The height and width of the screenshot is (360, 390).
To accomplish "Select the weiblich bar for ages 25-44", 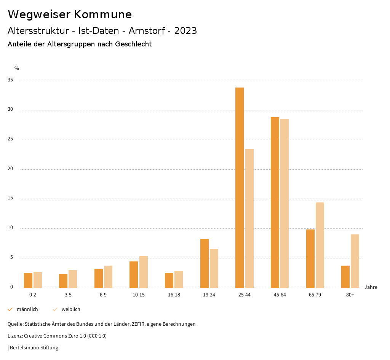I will coord(249,218).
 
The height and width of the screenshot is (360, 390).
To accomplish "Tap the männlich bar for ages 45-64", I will coord(275,202).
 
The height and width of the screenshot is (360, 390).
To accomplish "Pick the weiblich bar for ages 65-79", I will coord(320,245).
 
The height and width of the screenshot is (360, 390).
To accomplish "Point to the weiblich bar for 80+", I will coord(355,261).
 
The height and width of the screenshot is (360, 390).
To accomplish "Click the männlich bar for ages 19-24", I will coord(205,263).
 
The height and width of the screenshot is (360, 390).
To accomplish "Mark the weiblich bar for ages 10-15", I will coord(144,272).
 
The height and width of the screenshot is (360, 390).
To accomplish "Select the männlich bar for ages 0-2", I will coord(28,280).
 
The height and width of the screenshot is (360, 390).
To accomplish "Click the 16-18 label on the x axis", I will coord(174,295).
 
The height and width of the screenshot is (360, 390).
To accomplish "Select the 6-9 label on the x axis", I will coord(103,295).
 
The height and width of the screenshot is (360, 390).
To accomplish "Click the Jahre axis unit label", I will coord(371,287).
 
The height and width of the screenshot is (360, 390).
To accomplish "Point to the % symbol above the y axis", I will coord(17,68).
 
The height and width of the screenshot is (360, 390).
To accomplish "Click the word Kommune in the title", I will coord(103,14).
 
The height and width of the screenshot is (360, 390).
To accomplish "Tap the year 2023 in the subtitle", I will coord(185,31).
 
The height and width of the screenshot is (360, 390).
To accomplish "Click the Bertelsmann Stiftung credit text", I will coord(34,348).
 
